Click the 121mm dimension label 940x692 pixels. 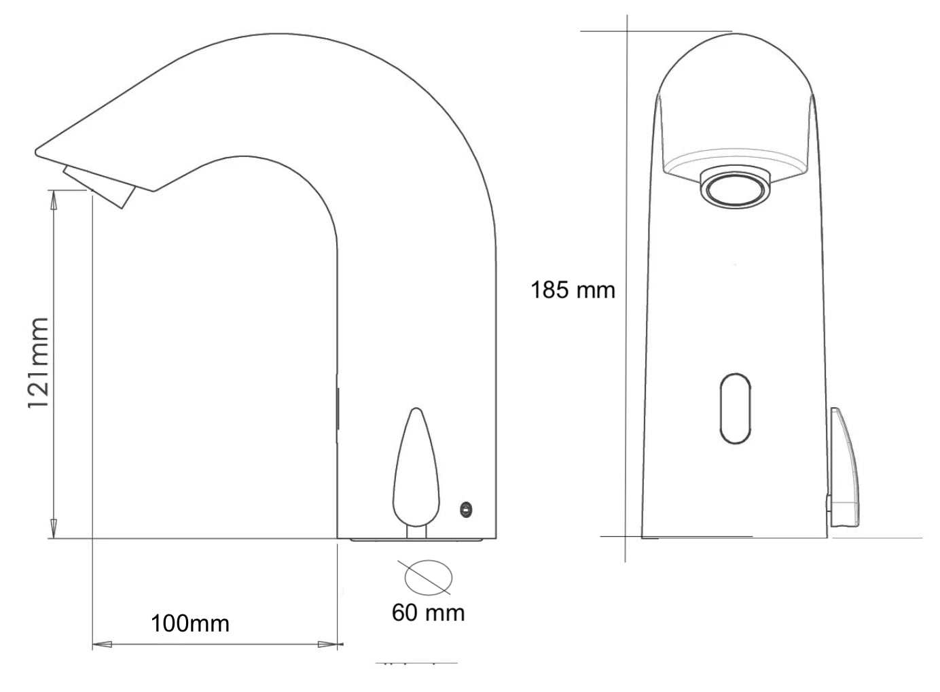[38, 363]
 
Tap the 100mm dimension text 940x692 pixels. [190, 623]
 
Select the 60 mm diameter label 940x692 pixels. [428, 612]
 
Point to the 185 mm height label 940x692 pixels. [573, 290]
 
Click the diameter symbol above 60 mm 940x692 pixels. [428, 577]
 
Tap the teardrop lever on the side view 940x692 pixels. [416, 468]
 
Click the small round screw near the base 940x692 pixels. [466, 510]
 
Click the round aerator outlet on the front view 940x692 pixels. [735, 186]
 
